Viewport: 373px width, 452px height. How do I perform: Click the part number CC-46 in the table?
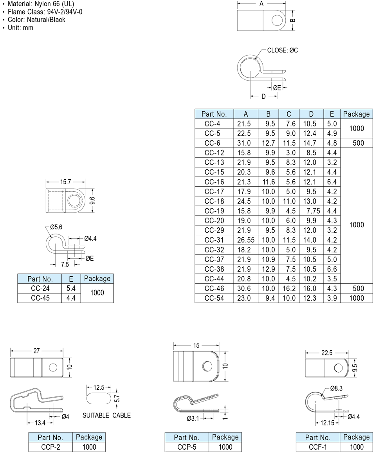214,288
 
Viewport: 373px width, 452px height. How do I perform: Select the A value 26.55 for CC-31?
245,240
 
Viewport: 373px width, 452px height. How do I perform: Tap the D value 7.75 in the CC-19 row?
313,211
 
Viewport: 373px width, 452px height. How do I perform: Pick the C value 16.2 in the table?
289,288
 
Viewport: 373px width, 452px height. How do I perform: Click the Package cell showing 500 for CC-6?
358,143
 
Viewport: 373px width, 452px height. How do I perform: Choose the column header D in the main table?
311,114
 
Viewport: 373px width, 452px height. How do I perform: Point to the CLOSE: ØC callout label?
283,50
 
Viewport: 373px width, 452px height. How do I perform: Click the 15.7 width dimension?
65,182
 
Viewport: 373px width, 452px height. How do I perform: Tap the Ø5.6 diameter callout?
56,227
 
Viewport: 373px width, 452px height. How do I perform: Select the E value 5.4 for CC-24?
71,288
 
